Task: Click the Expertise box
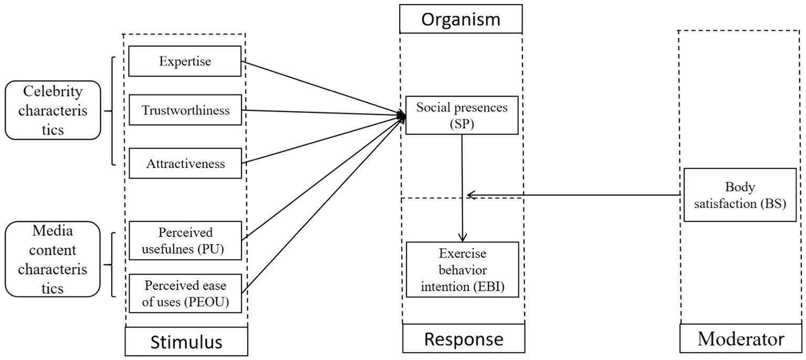(185, 61)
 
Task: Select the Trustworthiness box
(185, 110)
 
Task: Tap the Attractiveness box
(185, 163)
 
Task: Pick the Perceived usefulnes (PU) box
(185, 240)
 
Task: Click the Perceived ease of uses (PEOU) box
(185, 293)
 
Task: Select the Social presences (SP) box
(462, 115)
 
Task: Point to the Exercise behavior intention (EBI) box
(462, 270)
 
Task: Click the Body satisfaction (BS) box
(740, 195)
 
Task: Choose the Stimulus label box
(186, 342)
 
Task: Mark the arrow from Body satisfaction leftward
(578, 195)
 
